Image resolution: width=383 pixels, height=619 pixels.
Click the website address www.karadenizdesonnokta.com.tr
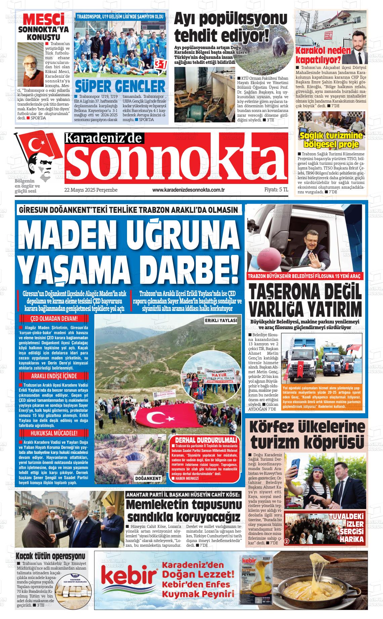pyautogui.click(x=188, y=190)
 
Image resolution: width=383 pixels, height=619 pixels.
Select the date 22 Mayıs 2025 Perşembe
pyautogui.click(x=91, y=190)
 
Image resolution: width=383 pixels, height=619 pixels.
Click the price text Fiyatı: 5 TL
pyautogui.click(x=276, y=190)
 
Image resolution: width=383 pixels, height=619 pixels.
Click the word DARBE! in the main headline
pyautogui.click(x=188, y=267)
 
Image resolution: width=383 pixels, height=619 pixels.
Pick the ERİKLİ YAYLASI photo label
pyautogui.click(x=221, y=321)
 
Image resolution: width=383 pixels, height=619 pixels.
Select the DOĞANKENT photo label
pyautogui.click(x=148, y=478)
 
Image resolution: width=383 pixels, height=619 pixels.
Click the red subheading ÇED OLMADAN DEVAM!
pyautogui.click(x=54, y=319)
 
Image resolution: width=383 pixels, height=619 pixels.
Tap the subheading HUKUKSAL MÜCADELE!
pyautogui.click(x=54, y=433)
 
